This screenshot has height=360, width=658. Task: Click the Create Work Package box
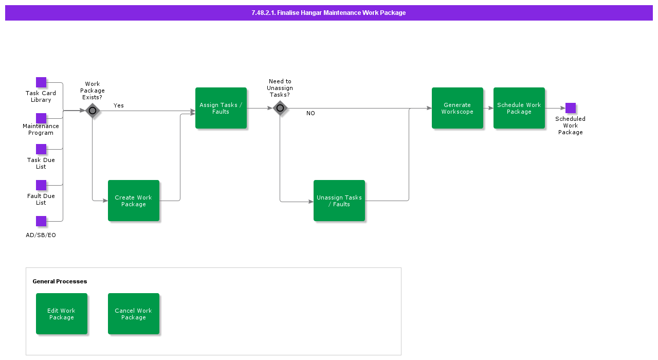coord(134,201)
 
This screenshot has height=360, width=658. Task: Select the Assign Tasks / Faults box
coord(221,108)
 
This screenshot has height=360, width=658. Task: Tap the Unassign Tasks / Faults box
coord(339,201)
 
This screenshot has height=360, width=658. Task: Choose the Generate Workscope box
coord(458,108)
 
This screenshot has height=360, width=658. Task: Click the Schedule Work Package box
coord(519,108)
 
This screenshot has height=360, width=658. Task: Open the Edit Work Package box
coord(62,314)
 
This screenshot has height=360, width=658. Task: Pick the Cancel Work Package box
coord(134,314)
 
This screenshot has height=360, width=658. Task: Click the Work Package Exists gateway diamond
coord(93,111)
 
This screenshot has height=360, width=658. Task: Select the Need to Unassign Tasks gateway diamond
coord(280,108)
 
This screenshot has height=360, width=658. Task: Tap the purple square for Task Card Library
coord(41,82)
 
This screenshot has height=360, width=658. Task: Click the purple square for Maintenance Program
coord(41,118)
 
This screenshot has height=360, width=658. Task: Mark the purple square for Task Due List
coord(41,149)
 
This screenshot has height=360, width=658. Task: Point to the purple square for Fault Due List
coord(41,185)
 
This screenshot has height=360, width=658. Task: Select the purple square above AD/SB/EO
coord(41,221)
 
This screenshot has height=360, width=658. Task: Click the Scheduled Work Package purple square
coord(571,108)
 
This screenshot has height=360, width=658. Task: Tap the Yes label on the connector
coord(119,105)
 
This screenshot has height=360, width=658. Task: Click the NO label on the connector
coord(310,113)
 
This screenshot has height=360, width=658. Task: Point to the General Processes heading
coord(60,281)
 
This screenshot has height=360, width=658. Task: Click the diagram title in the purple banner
coord(328,13)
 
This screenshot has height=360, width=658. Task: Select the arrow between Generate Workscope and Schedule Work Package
coord(488,108)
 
